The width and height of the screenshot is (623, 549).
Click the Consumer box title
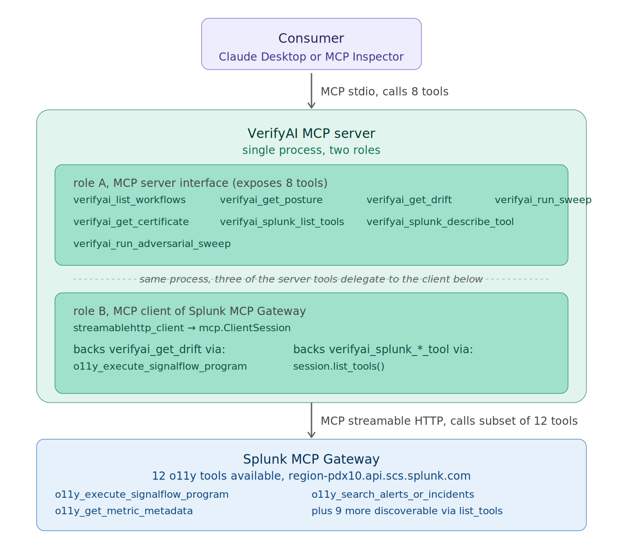(x=311, y=38)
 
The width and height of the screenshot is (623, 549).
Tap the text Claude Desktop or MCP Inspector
(x=311, y=57)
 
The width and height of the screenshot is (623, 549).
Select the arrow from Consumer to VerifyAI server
(x=311, y=91)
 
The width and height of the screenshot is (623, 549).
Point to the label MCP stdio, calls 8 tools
(x=384, y=91)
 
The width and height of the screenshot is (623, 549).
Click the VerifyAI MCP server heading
(x=311, y=134)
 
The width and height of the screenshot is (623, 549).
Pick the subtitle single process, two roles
(x=311, y=150)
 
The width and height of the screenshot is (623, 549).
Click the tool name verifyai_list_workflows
(x=130, y=200)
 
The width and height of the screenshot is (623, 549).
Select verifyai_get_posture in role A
(x=271, y=200)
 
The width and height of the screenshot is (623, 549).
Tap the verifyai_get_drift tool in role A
(x=409, y=200)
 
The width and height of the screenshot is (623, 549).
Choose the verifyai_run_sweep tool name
(x=543, y=200)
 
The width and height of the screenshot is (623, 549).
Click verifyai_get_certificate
(x=131, y=222)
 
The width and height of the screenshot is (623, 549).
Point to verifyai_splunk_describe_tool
(x=440, y=222)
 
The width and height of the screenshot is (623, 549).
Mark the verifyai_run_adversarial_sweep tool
(x=152, y=244)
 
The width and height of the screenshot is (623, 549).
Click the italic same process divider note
(x=311, y=279)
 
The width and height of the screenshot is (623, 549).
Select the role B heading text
(x=190, y=311)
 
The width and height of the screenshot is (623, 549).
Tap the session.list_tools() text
(x=339, y=366)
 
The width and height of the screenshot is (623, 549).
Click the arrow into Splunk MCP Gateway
(x=311, y=420)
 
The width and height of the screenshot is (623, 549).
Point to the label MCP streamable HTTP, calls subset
(x=449, y=421)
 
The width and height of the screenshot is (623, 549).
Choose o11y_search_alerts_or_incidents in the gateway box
(x=393, y=494)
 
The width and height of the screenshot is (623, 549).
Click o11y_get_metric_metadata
(x=124, y=511)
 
